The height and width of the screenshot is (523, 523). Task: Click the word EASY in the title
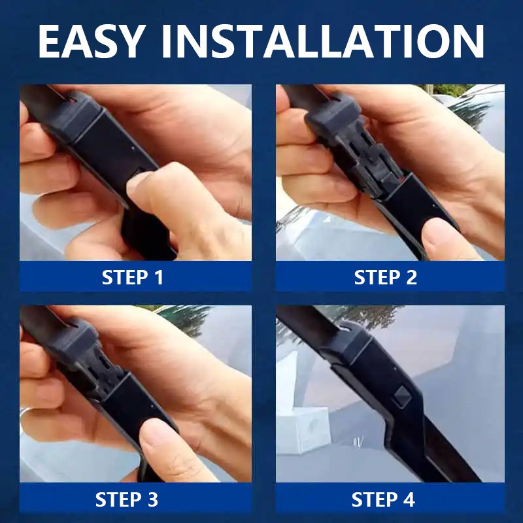(92, 41)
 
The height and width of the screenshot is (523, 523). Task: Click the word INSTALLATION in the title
(322, 41)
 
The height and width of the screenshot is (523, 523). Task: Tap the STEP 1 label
(133, 277)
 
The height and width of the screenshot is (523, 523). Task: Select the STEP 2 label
(385, 277)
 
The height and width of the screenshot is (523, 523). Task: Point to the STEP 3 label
(127, 499)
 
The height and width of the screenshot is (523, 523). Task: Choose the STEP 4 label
(383, 499)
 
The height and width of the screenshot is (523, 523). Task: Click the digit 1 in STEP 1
(159, 277)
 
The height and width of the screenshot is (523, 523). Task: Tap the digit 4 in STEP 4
(409, 499)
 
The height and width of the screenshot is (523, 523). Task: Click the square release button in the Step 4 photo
(401, 397)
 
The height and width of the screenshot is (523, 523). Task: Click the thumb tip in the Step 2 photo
(439, 237)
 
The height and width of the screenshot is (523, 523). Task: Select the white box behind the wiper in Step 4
(303, 430)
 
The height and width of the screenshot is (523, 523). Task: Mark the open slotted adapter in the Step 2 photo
(367, 157)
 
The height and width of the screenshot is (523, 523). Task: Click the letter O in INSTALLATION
(433, 41)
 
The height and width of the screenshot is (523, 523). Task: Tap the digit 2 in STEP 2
(412, 277)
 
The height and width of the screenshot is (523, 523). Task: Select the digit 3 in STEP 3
(153, 499)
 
